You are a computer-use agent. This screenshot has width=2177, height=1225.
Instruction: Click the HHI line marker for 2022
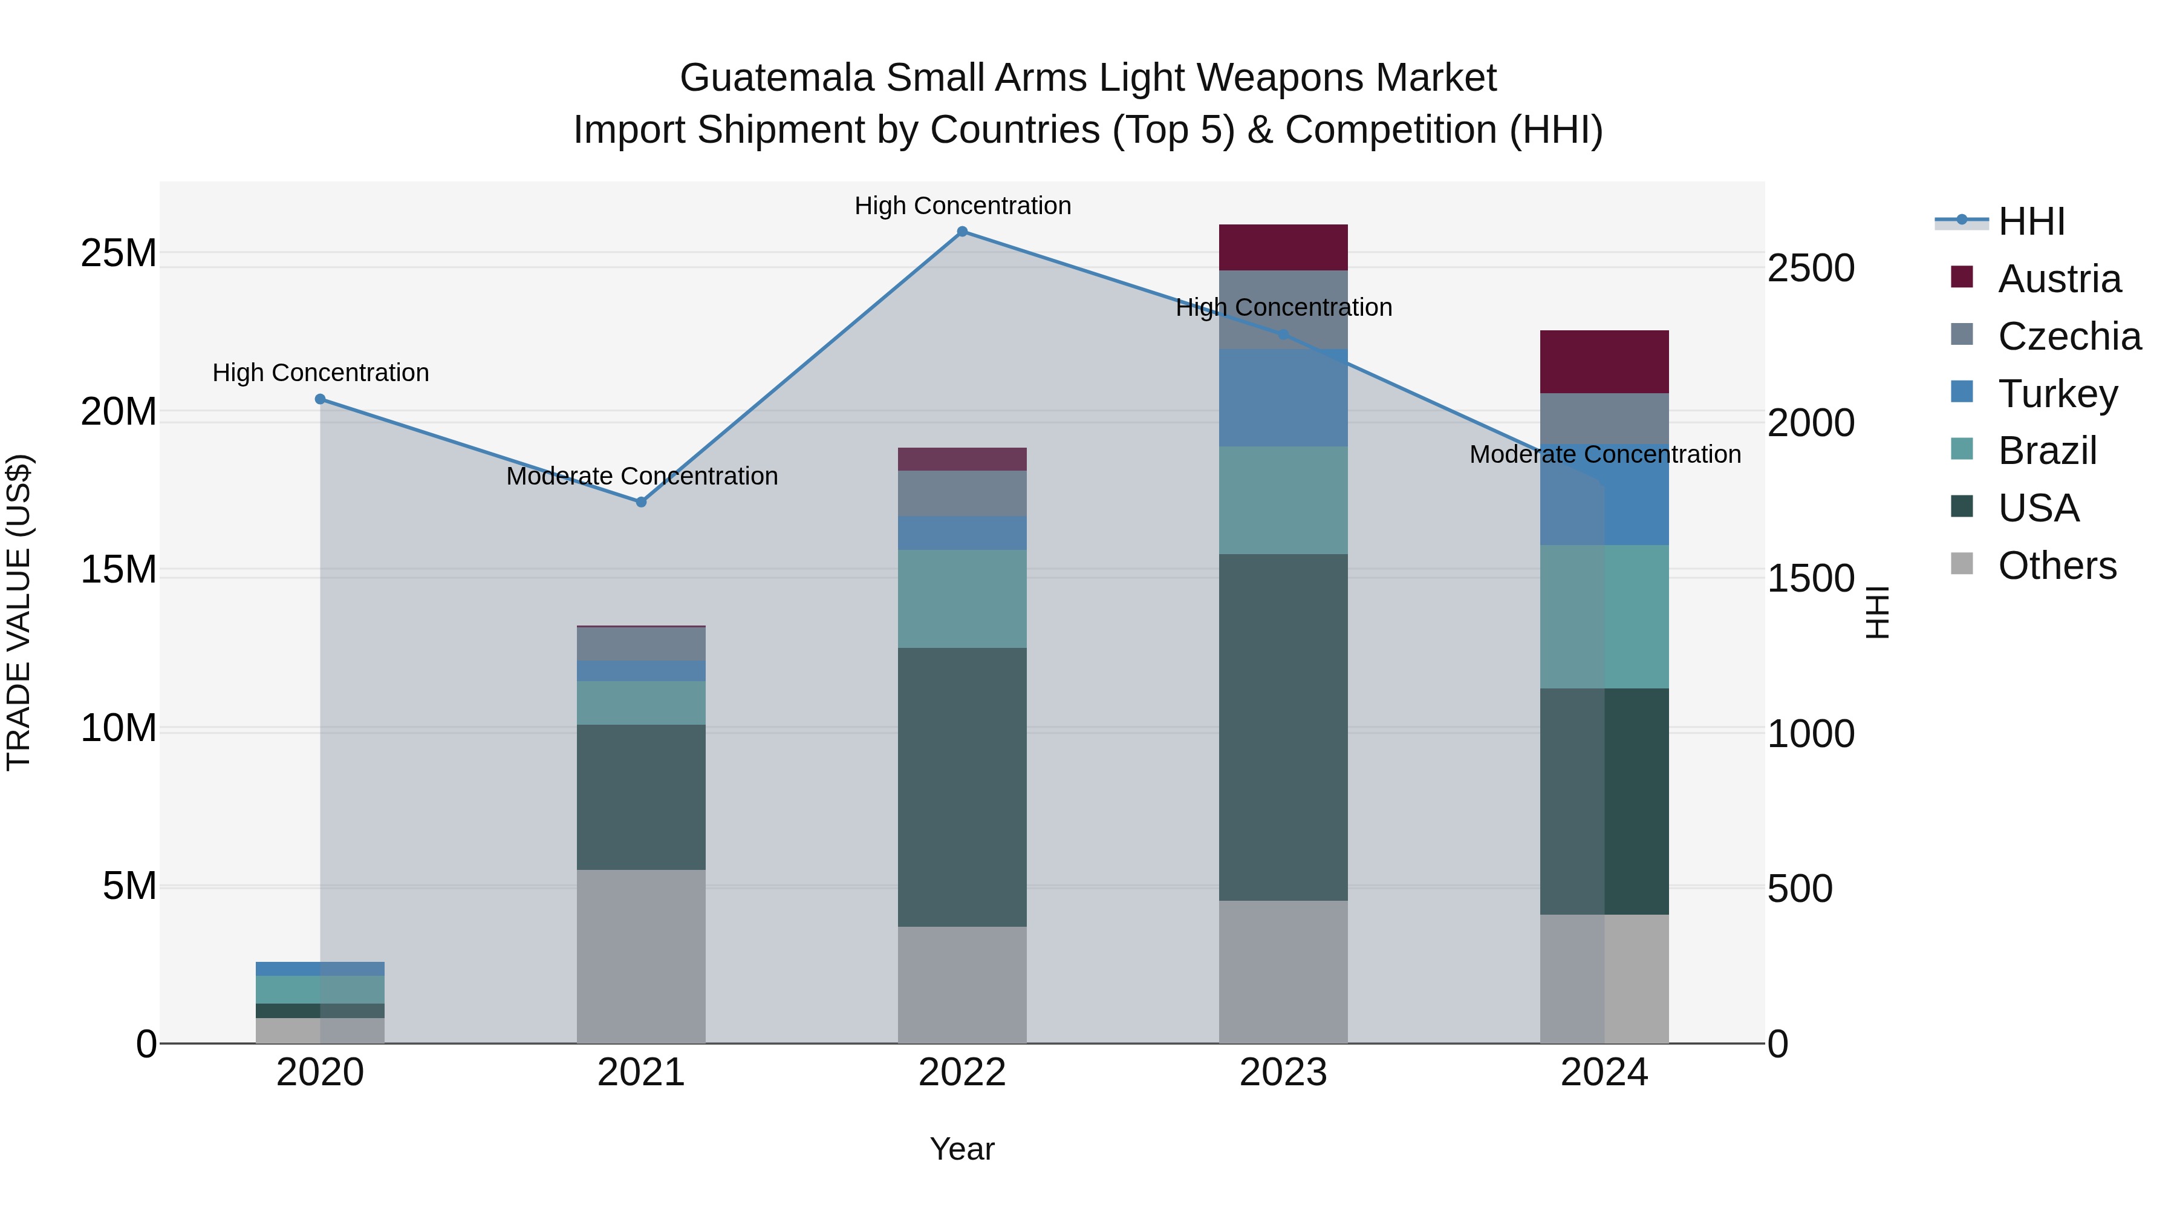(x=962, y=232)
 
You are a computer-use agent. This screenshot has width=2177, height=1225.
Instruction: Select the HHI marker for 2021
(x=640, y=502)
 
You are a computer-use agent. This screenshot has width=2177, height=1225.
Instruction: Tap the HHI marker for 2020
(x=321, y=399)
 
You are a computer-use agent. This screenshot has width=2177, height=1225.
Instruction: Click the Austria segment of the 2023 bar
(x=1283, y=247)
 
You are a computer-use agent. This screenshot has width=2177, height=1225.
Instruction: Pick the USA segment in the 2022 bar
(x=962, y=787)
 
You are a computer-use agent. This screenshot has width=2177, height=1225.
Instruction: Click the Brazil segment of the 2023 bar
(x=1283, y=500)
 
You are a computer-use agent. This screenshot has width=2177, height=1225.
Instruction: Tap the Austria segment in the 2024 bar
(x=1604, y=362)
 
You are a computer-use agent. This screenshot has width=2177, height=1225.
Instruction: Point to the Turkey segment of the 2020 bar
(x=321, y=969)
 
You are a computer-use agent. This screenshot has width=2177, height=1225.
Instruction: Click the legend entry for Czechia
(x=2068, y=336)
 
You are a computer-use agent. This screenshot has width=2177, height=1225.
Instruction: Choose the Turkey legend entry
(x=2057, y=394)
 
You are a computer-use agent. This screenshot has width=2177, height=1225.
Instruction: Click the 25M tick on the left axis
(x=119, y=253)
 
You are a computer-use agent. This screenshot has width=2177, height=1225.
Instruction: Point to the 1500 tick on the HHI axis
(x=1810, y=579)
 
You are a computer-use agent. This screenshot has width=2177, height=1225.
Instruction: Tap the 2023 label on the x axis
(x=1283, y=1073)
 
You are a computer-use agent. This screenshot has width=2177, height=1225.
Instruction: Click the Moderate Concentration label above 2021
(x=642, y=476)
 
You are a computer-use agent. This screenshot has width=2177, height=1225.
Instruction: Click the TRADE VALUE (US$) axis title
(x=19, y=612)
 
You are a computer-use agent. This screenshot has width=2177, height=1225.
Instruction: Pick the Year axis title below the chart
(x=962, y=1149)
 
